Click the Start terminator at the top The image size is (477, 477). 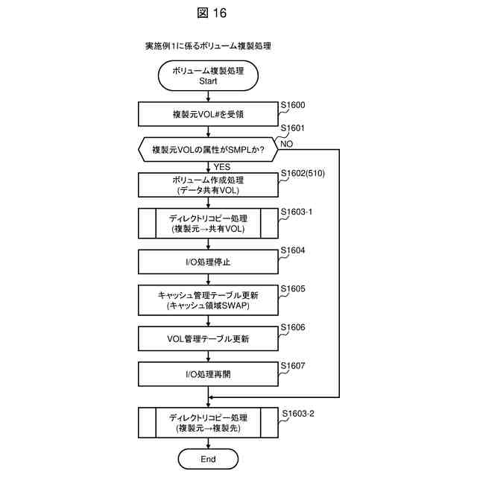pos(208,75)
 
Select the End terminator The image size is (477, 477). pos(208,459)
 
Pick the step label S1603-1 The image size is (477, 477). pos(300,212)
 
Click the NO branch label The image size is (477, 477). pos(287,142)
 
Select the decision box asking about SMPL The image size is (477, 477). pos(208,149)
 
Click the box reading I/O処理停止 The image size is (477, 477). pos(208,262)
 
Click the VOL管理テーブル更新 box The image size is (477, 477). pos(208,338)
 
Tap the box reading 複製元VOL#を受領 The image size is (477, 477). pos(208,114)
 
